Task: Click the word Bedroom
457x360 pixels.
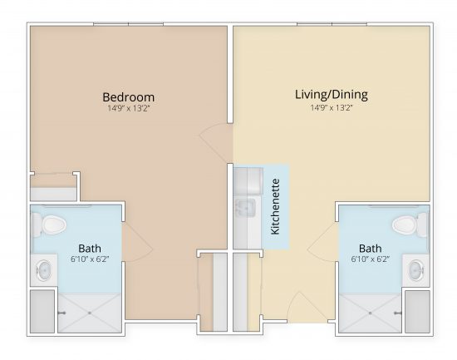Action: (128, 96)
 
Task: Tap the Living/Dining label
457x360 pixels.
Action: (331, 94)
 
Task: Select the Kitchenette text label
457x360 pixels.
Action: (276, 205)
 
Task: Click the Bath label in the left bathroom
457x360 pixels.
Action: (90, 248)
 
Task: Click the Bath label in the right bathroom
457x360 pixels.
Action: (371, 248)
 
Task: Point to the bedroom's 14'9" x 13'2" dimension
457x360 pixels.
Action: (128, 108)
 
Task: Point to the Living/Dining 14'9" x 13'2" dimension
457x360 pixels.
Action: (331, 107)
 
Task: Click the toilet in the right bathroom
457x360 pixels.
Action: (406, 224)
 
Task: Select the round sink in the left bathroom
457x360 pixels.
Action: (43, 269)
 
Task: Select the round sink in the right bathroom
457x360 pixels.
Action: (416, 269)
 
